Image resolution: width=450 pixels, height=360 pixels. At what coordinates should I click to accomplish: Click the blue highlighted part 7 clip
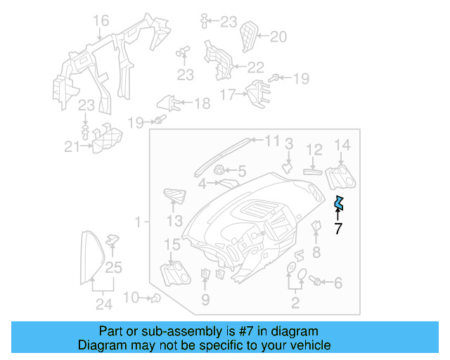pyautogui.click(x=339, y=203)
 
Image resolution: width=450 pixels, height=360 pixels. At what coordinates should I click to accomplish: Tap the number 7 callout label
pyautogui.click(x=338, y=229)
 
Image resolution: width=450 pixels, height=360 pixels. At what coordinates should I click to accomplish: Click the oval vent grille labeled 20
pyautogui.click(x=247, y=36)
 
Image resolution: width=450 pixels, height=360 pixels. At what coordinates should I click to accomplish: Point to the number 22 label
pyautogui.click(x=255, y=67)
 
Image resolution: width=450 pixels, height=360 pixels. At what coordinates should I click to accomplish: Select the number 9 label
pyautogui.click(x=205, y=301)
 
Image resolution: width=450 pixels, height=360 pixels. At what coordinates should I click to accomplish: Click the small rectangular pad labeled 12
pyautogui.click(x=313, y=170)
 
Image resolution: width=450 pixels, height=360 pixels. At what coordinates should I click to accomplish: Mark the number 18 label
pyautogui.click(x=201, y=104)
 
